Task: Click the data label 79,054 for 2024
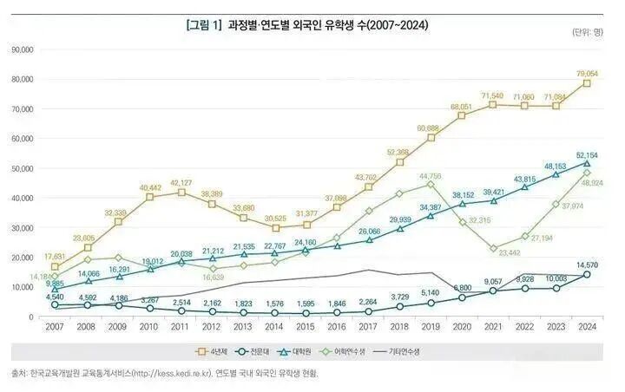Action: pyautogui.click(x=587, y=73)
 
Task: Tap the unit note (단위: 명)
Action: pyautogui.click(x=588, y=33)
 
